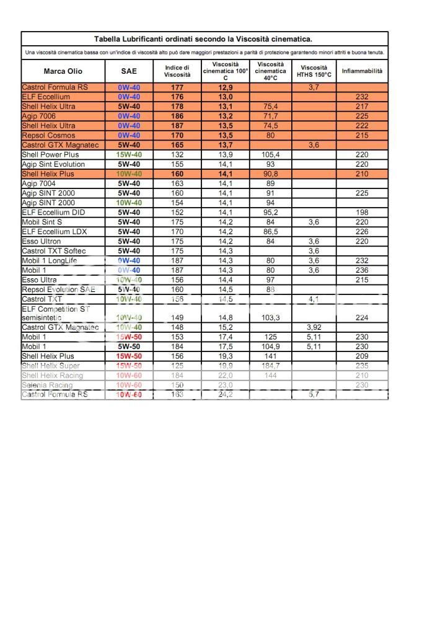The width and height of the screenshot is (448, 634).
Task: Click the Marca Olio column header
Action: tap(63, 71)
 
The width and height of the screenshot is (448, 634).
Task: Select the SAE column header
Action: tap(129, 71)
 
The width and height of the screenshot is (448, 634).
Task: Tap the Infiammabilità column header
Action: tap(362, 71)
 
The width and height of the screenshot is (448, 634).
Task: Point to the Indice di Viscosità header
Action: tap(177, 71)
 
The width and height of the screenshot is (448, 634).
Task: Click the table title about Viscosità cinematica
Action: tap(203, 39)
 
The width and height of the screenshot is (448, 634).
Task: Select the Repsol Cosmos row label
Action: tap(48, 135)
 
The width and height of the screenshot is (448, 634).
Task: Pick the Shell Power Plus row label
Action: tap(50, 154)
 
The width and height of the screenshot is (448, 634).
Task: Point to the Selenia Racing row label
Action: tap(47, 385)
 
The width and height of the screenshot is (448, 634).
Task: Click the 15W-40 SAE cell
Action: tap(129, 154)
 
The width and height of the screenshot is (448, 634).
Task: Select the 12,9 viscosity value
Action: tap(226, 87)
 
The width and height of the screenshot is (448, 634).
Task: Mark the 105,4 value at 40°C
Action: tap(270, 154)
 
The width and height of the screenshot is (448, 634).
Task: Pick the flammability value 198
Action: tap(362, 213)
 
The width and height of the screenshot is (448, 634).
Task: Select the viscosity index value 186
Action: tap(177, 116)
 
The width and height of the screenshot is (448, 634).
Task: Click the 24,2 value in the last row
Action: tap(226, 395)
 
